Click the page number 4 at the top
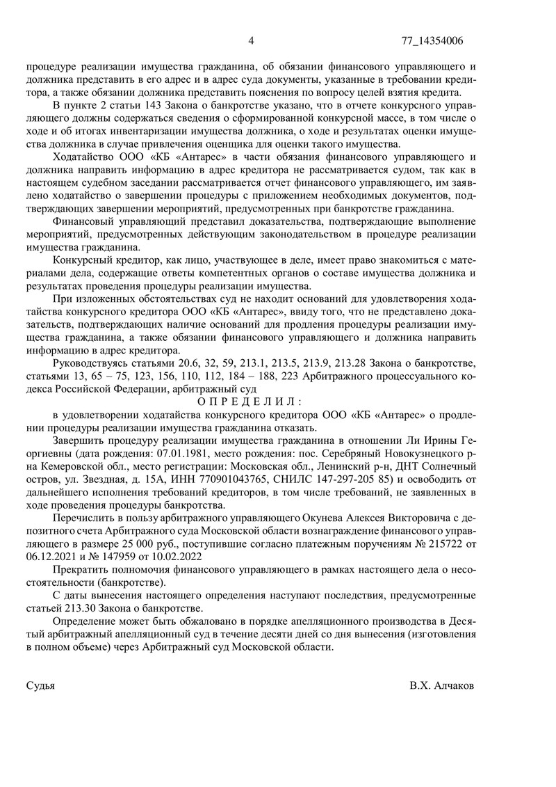(x=251, y=40)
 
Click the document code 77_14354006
(x=432, y=40)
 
